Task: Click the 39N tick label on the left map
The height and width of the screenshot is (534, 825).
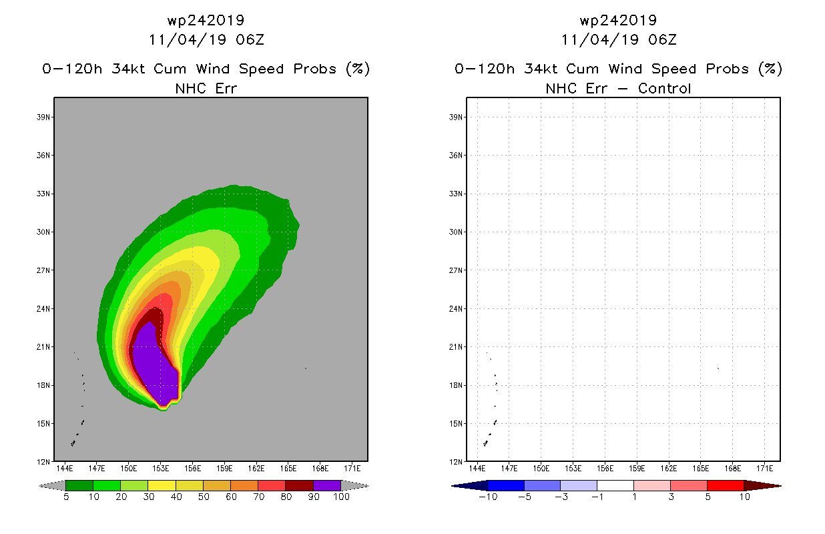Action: click(x=43, y=117)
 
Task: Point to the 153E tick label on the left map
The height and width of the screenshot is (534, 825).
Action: click(x=161, y=469)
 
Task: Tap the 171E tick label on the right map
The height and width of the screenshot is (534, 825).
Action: click(x=765, y=469)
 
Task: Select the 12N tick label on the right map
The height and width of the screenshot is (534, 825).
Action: click(x=455, y=462)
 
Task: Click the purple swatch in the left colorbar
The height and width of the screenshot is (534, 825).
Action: click(x=327, y=485)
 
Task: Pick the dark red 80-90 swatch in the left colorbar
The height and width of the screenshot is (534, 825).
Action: click(x=300, y=485)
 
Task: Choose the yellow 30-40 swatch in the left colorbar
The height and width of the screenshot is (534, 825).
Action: click(x=162, y=485)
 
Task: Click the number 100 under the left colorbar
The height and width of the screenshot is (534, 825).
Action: click(x=341, y=497)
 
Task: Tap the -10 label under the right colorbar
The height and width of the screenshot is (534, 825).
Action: click(x=488, y=497)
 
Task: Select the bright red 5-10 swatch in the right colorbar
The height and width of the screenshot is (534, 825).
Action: click(x=726, y=485)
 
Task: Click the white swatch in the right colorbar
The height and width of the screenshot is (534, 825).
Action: click(x=615, y=485)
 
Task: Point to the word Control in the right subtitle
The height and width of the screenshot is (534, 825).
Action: click(x=664, y=88)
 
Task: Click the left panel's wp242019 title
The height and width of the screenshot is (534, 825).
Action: click(x=206, y=20)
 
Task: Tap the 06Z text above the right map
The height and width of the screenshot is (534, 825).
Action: click(x=662, y=39)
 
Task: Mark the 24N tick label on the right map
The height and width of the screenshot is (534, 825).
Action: click(x=455, y=308)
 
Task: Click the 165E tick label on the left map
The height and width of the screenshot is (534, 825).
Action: click(x=288, y=469)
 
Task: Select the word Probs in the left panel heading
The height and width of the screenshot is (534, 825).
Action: click(x=314, y=69)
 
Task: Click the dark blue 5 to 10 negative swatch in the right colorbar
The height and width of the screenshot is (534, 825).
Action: click(x=506, y=485)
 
